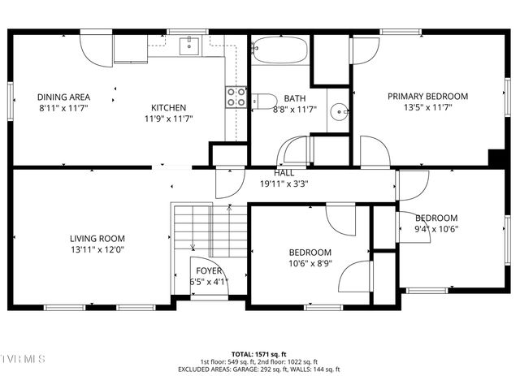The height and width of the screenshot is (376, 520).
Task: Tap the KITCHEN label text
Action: coord(168,107)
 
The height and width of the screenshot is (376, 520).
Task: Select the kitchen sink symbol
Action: coord(189,45)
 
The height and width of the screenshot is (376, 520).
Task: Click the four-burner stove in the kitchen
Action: coord(236,97)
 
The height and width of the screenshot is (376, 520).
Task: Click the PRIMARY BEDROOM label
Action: coord(427,96)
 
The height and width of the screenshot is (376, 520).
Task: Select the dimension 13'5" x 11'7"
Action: coord(427,106)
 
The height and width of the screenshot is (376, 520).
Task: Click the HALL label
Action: coord(284,173)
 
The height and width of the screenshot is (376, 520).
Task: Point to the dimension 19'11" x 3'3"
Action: coord(284,184)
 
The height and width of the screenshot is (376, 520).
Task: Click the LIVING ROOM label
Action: coord(97,238)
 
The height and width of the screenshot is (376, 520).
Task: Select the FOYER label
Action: coord(209,271)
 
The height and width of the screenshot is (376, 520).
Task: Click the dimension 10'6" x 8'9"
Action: coord(309,263)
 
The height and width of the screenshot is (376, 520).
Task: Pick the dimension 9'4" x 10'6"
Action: coord(436,229)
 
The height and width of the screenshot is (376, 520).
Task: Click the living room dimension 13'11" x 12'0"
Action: coord(97,249)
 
